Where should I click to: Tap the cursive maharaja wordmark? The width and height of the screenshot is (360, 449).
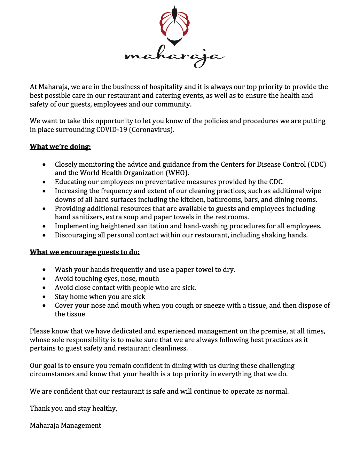[x=174, y=57]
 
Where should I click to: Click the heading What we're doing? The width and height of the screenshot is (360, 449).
[x=60, y=147]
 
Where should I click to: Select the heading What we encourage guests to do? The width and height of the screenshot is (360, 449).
[x=85, y=252]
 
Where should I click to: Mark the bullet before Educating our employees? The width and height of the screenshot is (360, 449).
[x=44, y=182]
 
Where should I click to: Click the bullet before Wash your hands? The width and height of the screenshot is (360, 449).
[x=44, y=270]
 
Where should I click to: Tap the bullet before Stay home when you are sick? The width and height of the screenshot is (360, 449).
[x=44, y=297]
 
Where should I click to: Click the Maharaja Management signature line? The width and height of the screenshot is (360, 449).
[x=65, y=426]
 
